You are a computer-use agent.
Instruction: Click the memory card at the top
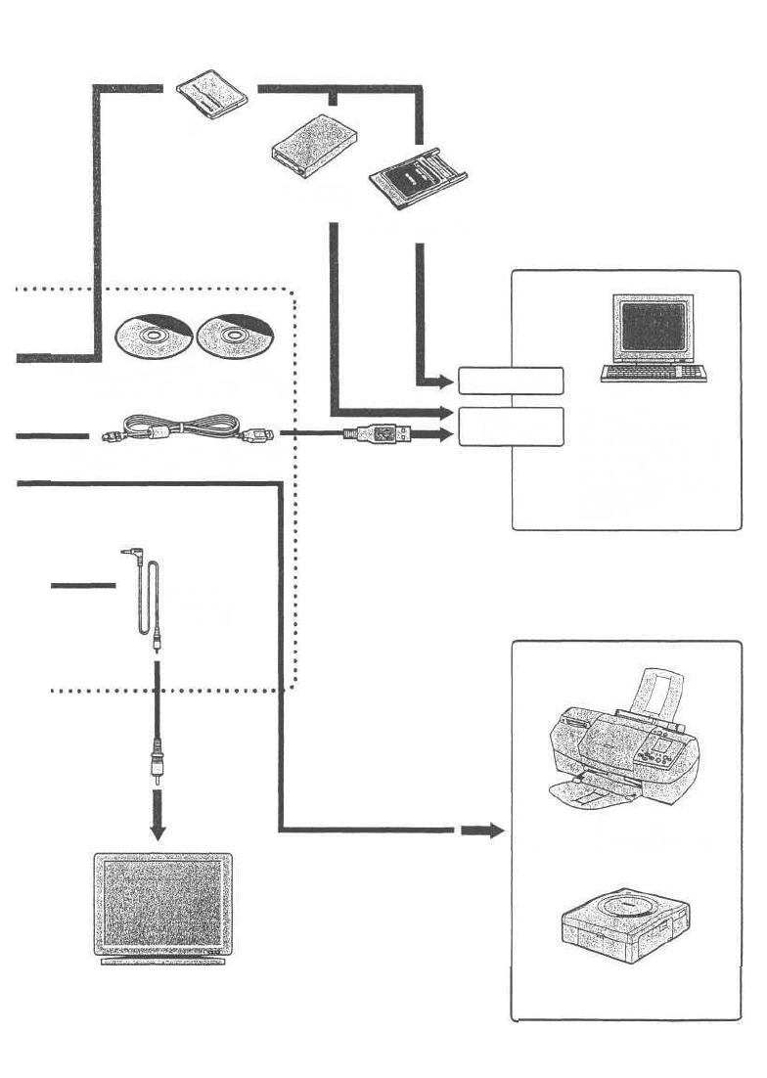210,92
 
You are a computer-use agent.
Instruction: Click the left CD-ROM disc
151,338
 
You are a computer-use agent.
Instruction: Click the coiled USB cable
186,430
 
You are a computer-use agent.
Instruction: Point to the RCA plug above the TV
156,764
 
